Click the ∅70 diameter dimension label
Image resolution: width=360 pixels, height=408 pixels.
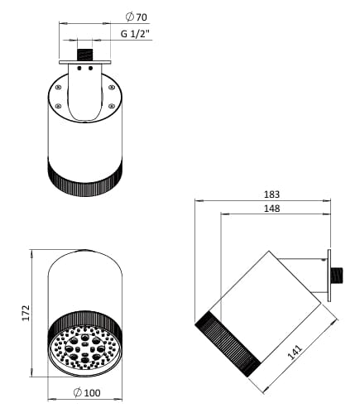coord(136,17)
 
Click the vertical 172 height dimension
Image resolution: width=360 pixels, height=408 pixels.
coord(26,311)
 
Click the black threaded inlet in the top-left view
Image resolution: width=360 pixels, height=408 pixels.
coord(84,54)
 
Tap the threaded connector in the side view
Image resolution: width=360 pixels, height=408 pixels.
coord(338,274)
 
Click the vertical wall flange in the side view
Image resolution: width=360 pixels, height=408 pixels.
coord(328,274)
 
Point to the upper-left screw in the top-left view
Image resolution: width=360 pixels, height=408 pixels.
coord(59,86)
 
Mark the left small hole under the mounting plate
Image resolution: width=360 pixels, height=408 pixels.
coord(79,70)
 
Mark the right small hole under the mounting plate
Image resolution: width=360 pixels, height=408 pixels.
coord(90,70)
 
